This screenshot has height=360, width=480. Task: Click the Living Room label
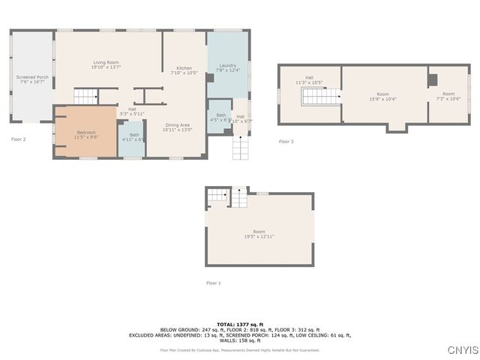click(x=107, y=64)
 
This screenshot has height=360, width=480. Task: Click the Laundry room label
click(x=228, y=68)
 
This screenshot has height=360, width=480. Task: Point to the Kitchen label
click(x=184, y=70)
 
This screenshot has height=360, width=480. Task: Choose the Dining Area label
click(x=178, y=127)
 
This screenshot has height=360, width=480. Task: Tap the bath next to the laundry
click(x=220, y=117)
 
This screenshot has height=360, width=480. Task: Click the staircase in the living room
click(x=85, y=96)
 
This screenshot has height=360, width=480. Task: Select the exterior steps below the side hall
click(x=240, y=148)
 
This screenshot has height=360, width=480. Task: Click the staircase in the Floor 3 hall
click(x=316, y=96)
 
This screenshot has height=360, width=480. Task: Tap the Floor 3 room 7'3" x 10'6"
click(x=448, y=96)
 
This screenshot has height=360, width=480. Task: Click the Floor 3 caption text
click(x=286, y=141)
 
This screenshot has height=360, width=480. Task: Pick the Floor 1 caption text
click(x=214, y=283)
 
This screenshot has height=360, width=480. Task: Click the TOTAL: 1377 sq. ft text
click(x=240, y=324)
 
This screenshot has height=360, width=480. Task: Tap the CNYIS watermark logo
click(x=462, y=350)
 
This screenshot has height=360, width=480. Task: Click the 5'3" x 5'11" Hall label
click(x=132, y=111)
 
